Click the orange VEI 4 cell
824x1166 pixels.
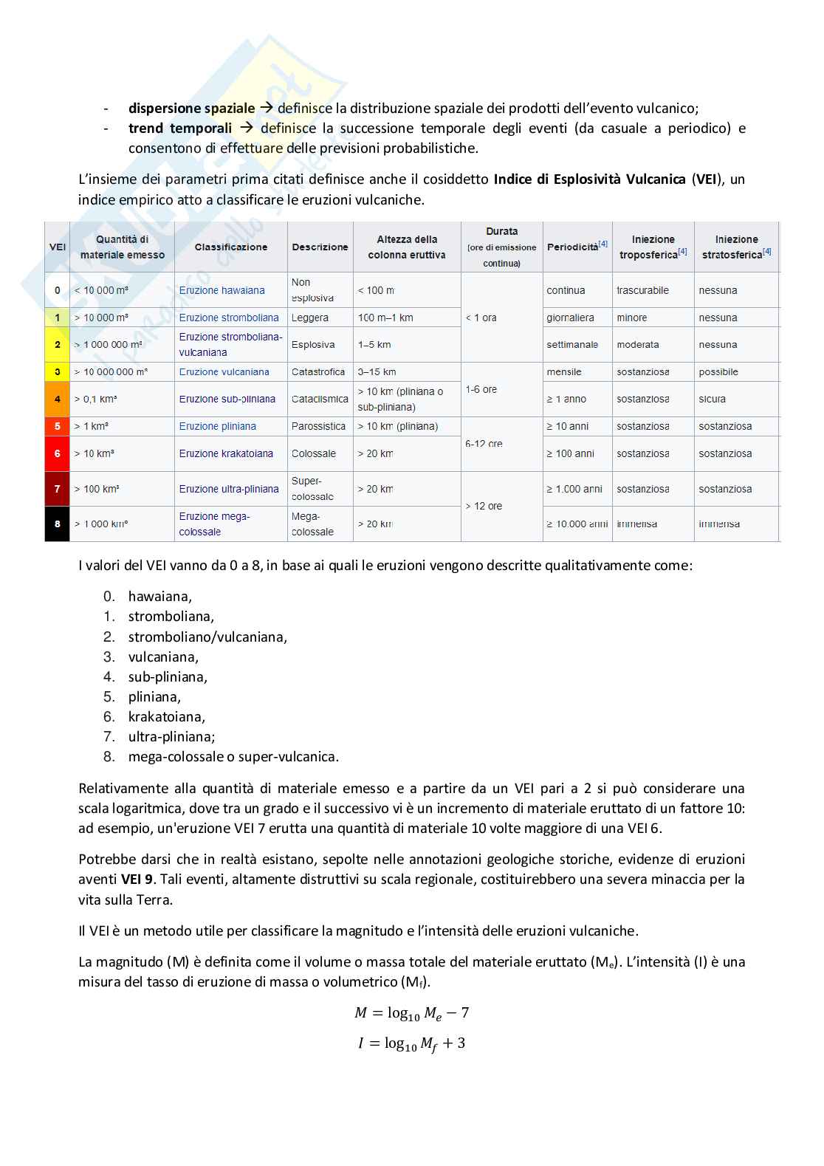[x=58, y=399]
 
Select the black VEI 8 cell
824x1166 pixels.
[x=58, y=524]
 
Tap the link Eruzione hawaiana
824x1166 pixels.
[x=222, y=290]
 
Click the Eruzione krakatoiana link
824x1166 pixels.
[x=226, y=453]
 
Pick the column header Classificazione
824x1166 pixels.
[x=231, y=247]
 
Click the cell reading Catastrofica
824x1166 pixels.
[x=318, y=371]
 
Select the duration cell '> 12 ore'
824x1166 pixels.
[x=484, y=506]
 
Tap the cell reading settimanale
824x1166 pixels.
[x=572, y=344]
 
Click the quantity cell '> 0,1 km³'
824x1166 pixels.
[x=96, y=399]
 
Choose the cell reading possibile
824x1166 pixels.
[x=718, y=371]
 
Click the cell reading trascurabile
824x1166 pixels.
[x=642, y=290]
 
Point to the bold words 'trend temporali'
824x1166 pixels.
[x=180, y=128]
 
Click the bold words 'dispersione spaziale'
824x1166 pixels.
[x=191, y=108]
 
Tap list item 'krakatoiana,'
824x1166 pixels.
[x=167, y=716]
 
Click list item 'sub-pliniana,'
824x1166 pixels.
[x=168, y=676]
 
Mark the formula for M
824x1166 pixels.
[x=411, y=1012]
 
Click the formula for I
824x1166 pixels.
[x=411, y=1043]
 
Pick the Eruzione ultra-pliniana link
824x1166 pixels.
[x=229, y=489]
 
